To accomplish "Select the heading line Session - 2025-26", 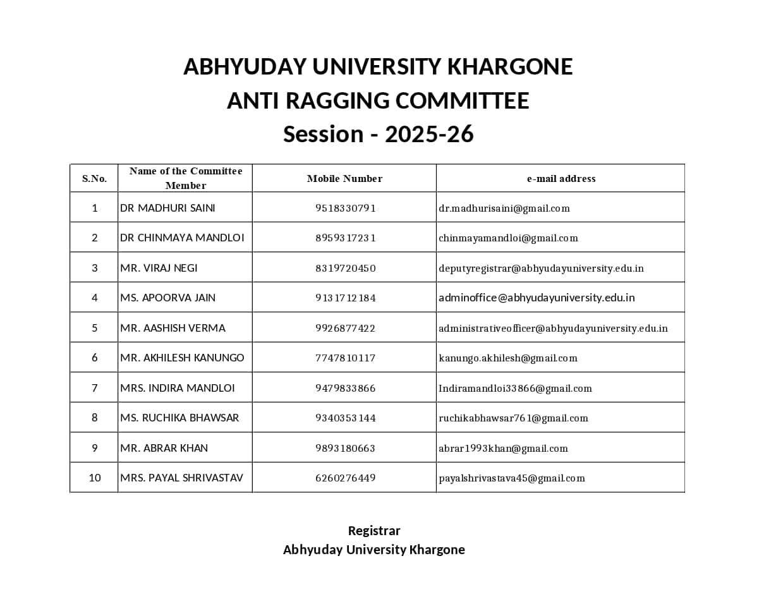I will tap(378, 134).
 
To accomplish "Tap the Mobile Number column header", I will tap(344, 179).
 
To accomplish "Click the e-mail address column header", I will tap(561, 179).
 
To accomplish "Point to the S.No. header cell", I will tap(94, 179).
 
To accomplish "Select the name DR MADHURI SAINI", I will tap(167, 208).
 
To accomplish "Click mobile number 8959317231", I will tap(345, 238).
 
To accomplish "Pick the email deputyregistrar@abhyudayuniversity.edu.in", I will tap(541, 269).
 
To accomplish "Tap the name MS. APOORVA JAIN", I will tap(167, 298).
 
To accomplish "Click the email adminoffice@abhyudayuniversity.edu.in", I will tap(537, 298).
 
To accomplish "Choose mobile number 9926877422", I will tap(345, 328).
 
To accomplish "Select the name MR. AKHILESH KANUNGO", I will tap(182, 358).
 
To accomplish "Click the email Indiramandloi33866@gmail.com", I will tap(515, 389).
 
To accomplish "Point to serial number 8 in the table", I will tap(95, 418).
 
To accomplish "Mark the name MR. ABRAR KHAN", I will tap(164, 448).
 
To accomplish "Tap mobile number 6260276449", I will tap(345, 478).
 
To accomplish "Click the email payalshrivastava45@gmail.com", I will tap(511, 478).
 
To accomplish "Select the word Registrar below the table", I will tap(374, 531).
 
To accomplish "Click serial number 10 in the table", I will tap(95, 478).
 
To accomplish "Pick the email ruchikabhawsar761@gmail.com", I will tap(513, 418).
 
